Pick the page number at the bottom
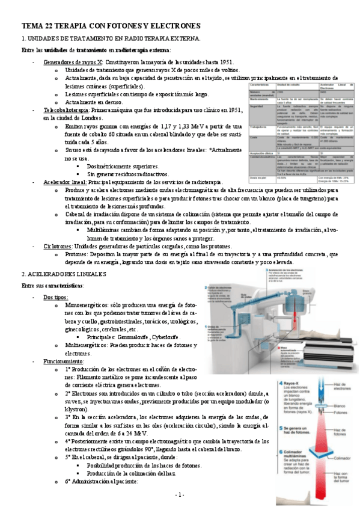[180, 494]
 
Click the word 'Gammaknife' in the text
[134, 338]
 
